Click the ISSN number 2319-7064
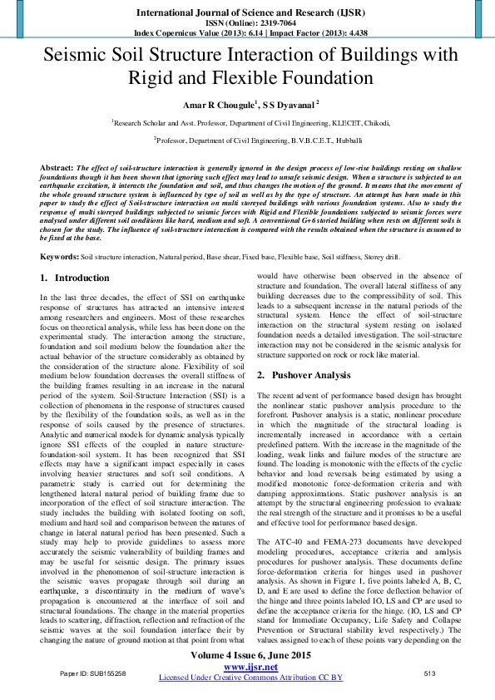pyautogui.click(x=268, y=23)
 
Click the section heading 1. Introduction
pyautogui.click(x=76, y=277)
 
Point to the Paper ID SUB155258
pyautogui.click(x=93, y=673)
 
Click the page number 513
pyautogui.click(x=430, y=673)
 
